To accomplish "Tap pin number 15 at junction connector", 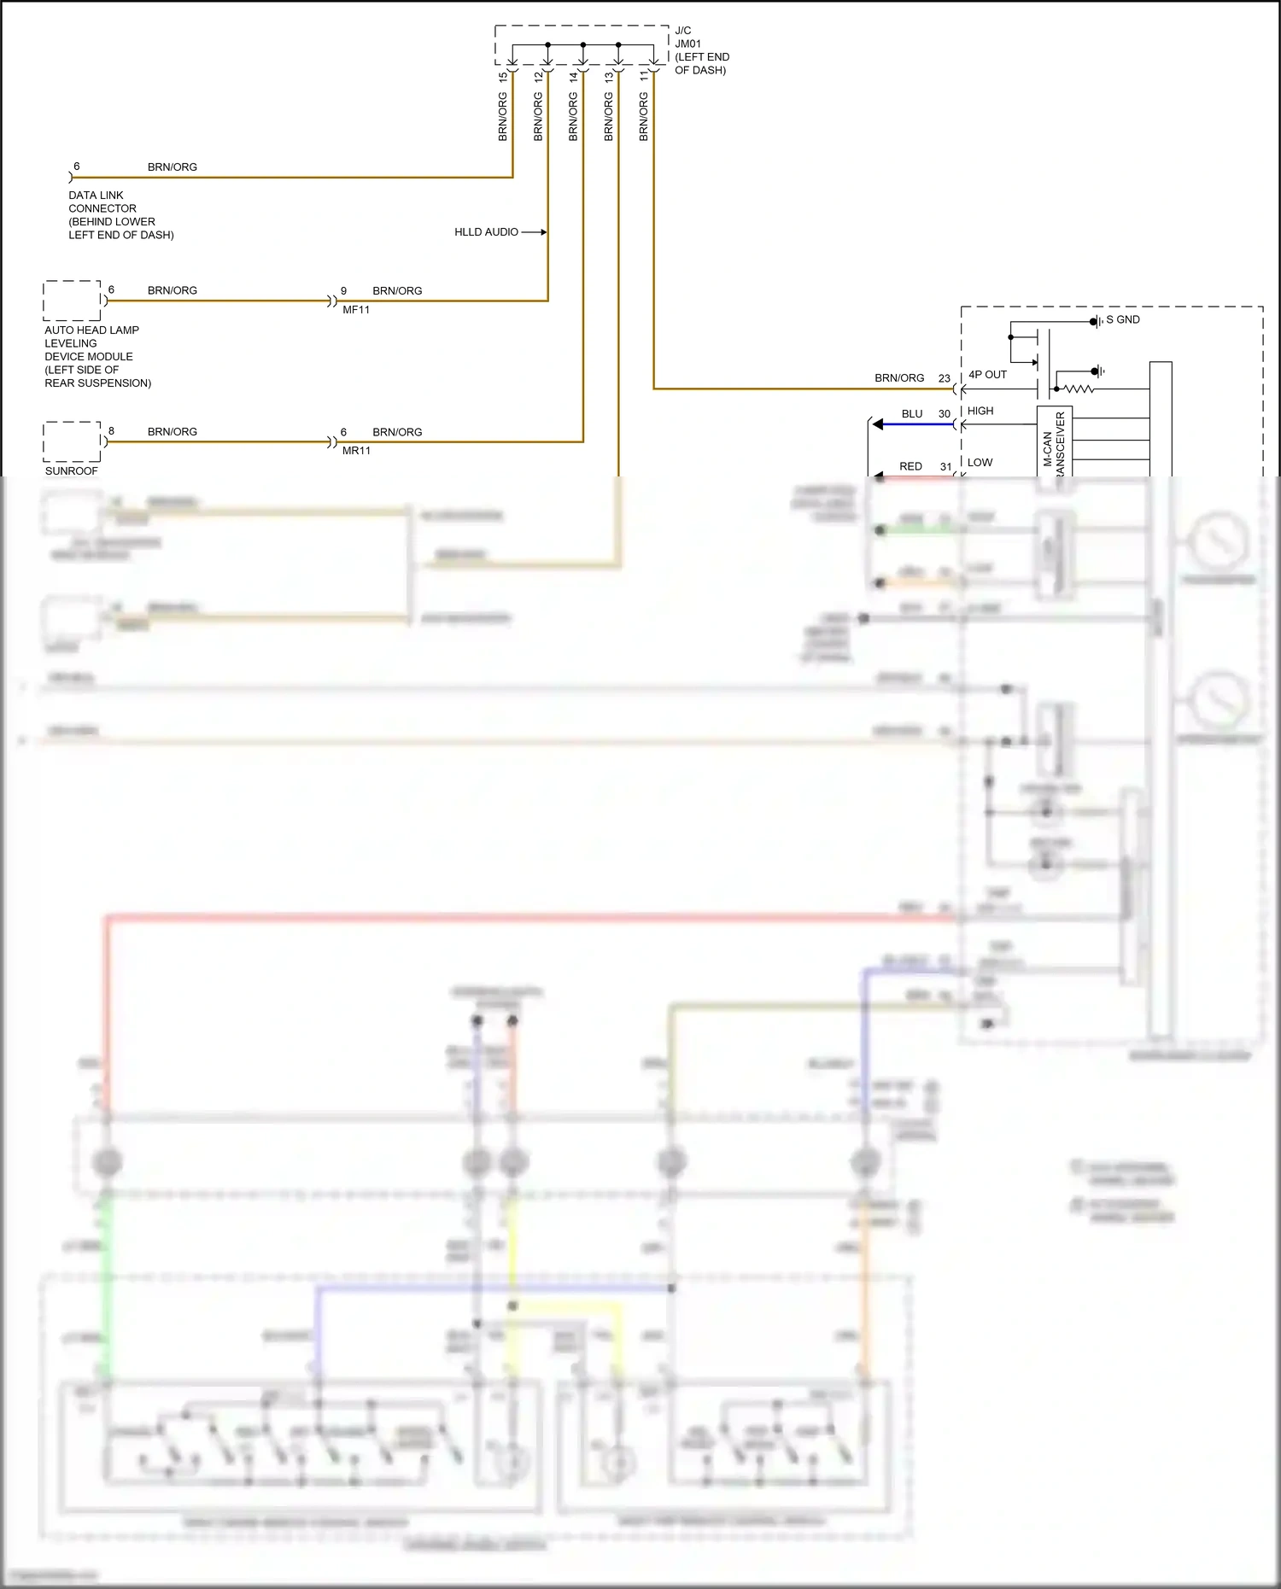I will [x=502, y=76].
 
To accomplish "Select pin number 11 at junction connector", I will [x=644, y=76].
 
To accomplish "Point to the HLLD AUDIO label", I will [x=486, y=232].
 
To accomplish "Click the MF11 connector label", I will [x=356, y=310].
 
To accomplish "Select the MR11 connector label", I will [x=356, y=451].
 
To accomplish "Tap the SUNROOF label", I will [x=72, y=471].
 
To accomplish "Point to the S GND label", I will [x=1122, y=320].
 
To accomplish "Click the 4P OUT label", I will [x=987, y=375].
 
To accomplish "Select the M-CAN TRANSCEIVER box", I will [x=1054, y=442].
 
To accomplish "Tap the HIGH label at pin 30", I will [x=980, y=411].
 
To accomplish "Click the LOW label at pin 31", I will [x=980, y=463].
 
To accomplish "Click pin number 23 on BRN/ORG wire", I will [x=944, y=378].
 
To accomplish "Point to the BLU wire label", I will [x=912, y=414].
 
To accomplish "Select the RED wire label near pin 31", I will [x=910, y=467].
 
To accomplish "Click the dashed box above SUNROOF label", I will [x=73, y=441].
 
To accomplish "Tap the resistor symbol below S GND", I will [x=1078, y=389].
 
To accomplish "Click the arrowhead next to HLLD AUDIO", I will [x=543, y=232].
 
